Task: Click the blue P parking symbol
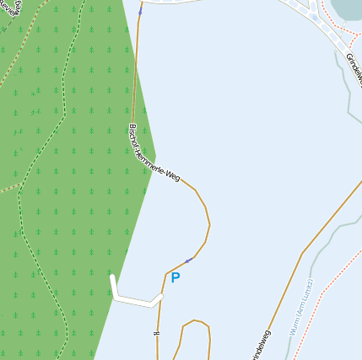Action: (x=176, y=277)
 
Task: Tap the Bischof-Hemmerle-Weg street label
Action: (x=154, y=153)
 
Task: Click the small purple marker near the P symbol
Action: (x=187, y=261)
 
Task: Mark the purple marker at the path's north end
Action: (x=140, y=12)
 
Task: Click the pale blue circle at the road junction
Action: (x=314, y=15)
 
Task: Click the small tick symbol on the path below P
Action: (x=156, y=335)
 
